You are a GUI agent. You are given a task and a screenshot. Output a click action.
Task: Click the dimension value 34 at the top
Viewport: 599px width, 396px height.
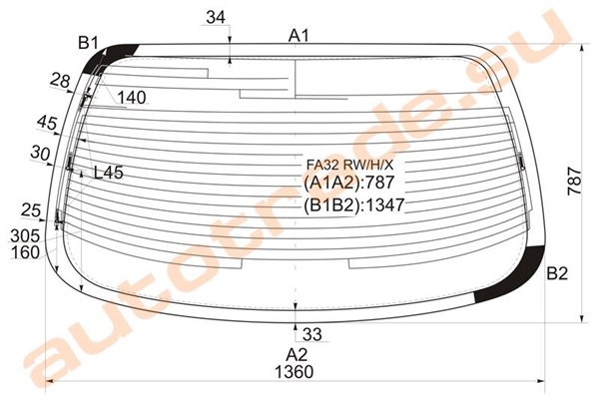click(216, 17)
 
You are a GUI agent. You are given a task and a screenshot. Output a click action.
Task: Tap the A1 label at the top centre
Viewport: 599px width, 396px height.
click(299, 36)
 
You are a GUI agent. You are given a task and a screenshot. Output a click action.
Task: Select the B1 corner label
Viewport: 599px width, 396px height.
click(88, 43)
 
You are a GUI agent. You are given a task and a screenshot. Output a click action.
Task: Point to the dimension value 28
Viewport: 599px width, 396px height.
click(60, 81)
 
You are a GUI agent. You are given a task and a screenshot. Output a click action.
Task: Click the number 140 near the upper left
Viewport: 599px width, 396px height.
click(132, 98)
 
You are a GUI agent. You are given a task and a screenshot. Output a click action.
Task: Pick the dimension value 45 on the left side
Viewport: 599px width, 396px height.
click(47, 123)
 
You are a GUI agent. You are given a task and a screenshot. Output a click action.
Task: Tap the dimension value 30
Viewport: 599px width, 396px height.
click(40, 153)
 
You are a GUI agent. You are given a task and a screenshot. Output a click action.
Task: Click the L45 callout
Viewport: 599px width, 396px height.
click(109, 173)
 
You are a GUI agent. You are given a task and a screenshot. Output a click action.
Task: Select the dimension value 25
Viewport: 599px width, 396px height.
click(31, 210)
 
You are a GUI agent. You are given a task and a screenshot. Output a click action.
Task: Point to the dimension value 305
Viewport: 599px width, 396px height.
click(25, 236)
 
